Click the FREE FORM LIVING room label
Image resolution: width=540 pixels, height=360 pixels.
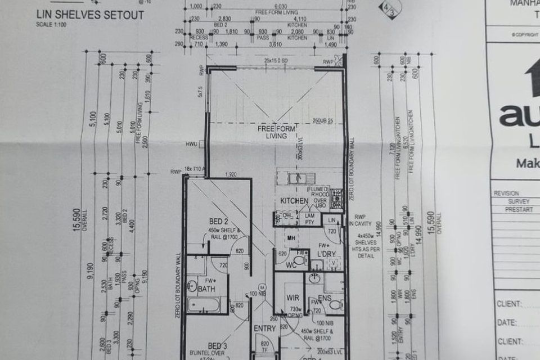[x=272, y=132]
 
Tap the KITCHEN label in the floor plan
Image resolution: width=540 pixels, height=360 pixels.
[x=294, y=200]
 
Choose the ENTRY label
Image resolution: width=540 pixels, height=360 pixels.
[x=265, y=328]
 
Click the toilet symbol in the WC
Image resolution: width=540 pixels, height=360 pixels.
[x=301, y=259]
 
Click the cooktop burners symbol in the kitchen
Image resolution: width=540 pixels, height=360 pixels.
[x=336, y=196]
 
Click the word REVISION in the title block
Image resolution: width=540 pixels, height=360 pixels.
[x=506, y=193]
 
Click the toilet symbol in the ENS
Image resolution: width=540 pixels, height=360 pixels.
[x=336, y=304]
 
